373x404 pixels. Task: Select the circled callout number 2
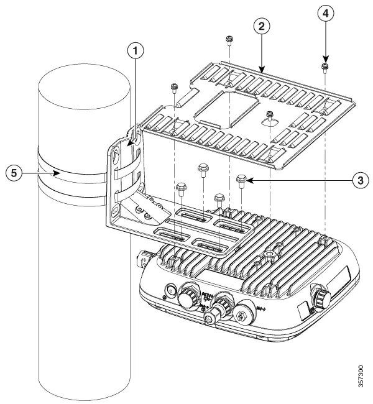click(262, 27)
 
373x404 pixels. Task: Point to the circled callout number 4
click(325, 14)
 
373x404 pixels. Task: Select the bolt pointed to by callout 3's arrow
click(242, 180)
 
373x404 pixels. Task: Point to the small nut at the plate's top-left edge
click(229, 40)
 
